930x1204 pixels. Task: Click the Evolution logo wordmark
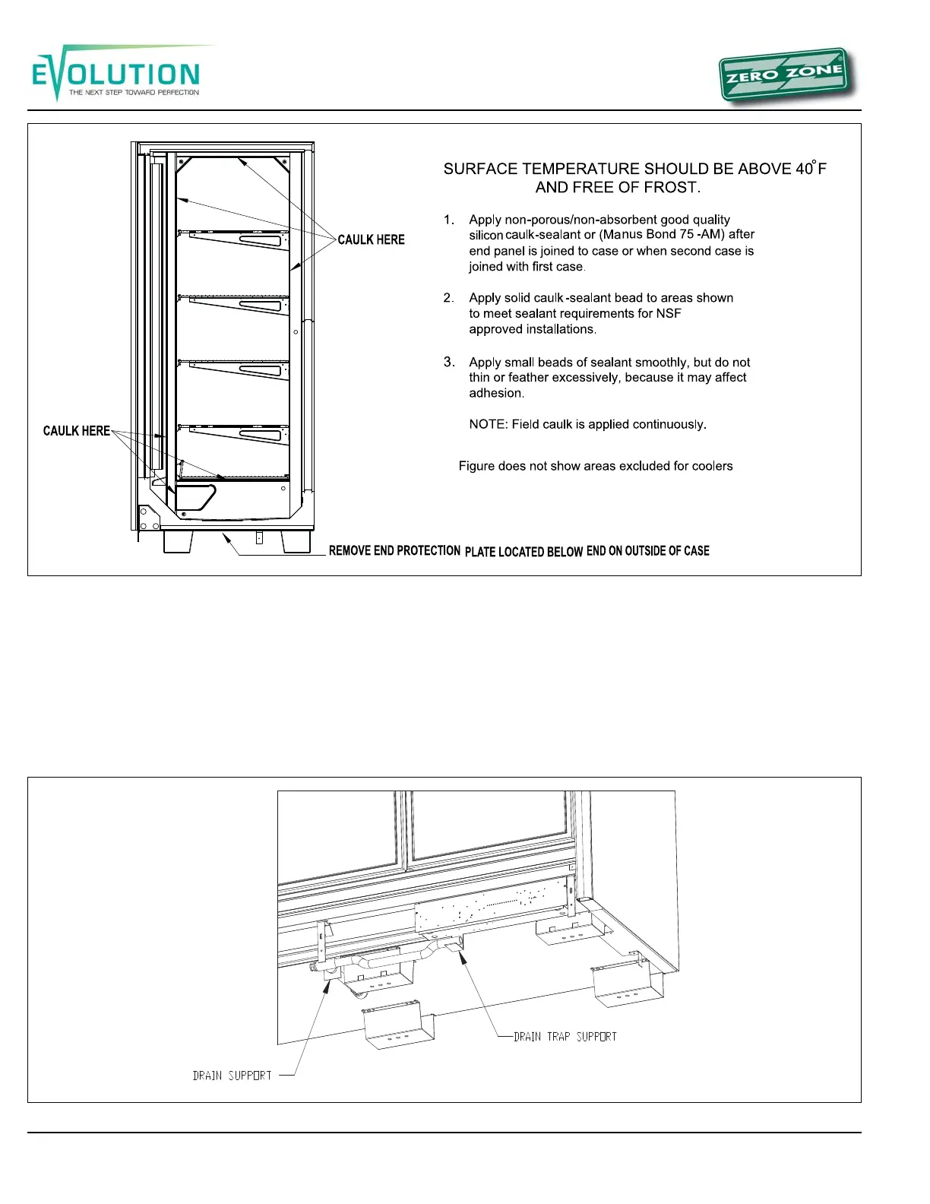[115, 74]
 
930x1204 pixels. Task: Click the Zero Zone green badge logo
[784, 76]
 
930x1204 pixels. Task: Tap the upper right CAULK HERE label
[371, 239]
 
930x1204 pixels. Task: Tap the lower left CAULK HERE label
[76, 431]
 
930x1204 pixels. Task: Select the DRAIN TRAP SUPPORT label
[565, 1037]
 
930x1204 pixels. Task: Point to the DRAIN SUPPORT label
[232, 1076]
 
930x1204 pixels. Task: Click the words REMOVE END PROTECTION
[394, 550]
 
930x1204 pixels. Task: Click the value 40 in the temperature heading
[804, 169]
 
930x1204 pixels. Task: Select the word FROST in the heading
[671, 188]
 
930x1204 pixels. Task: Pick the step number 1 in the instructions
[449, 220]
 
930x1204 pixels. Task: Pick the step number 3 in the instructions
[449, 362]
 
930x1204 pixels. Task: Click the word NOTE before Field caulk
[487, 424]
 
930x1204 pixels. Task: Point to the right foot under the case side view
[296, 541]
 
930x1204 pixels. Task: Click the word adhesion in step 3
[496, 393]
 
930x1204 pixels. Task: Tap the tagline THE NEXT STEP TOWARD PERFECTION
[134, 93]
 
